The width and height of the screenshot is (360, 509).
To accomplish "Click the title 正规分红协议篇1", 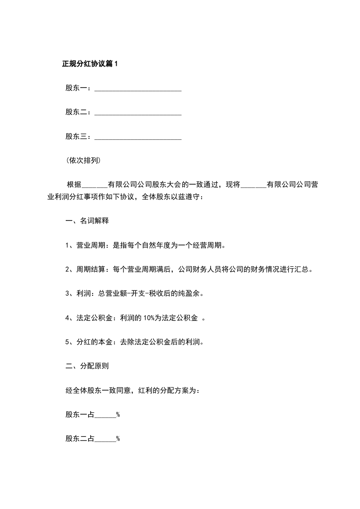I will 89,64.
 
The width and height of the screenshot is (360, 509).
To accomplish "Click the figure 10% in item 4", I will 150,318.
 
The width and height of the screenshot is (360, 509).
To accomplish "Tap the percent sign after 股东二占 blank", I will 118,439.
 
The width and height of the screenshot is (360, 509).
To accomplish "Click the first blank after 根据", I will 95,185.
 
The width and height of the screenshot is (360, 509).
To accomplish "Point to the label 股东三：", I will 79,137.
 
